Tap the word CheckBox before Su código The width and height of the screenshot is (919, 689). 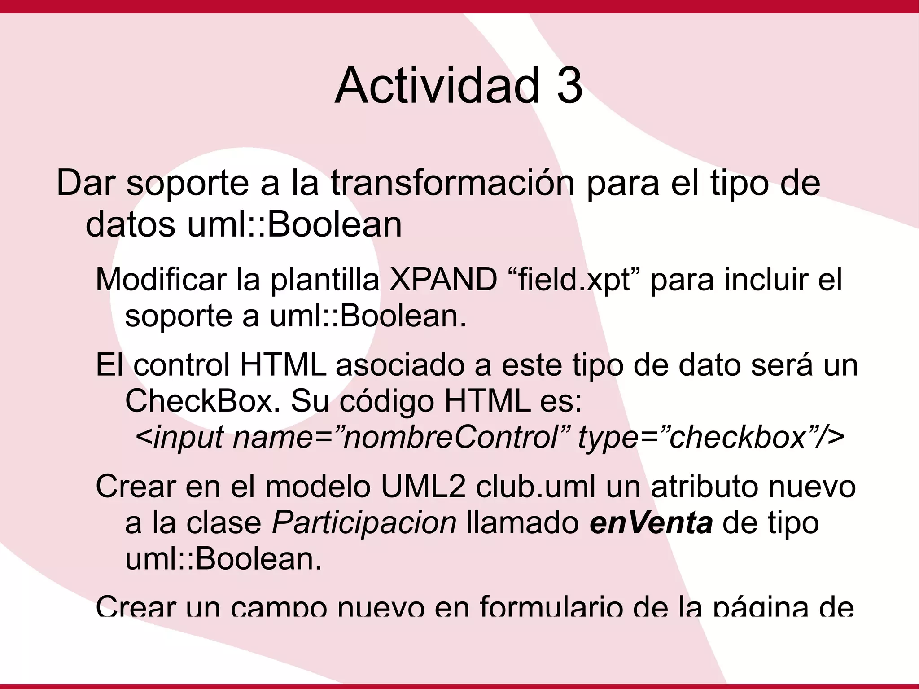tap(199, 401)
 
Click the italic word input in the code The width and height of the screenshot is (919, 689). tap(188, 438)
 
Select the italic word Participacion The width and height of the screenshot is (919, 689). tap(364, 523)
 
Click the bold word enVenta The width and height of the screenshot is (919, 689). tap(651, 523)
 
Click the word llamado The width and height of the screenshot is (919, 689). tap(523, 523)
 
